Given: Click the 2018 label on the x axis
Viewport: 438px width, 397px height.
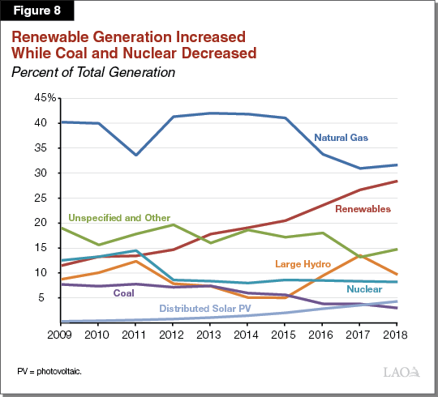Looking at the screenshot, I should coord(396,334).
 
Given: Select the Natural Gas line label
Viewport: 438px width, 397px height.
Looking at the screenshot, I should coord(341,138).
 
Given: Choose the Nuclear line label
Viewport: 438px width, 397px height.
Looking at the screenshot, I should coord(364,289).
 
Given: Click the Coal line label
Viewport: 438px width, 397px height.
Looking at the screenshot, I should coord(123,293).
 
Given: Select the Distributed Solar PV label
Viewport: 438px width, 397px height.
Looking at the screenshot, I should coord(206,308).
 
